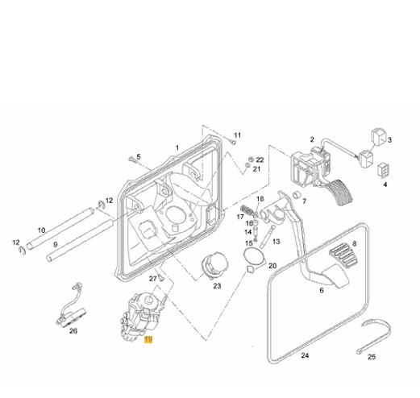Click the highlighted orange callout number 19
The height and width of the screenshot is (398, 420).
[x=148, y=339]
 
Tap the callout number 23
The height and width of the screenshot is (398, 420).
[x=217, y=286]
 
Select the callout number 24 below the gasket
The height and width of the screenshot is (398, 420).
[x=305, y=355]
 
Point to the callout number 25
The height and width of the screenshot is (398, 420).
[x=372, y=357]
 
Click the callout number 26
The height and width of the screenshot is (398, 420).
[x=73, y=331]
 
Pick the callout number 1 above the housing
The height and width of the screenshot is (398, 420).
[x=177, y=147]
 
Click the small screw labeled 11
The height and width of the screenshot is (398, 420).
[x=233, y=142]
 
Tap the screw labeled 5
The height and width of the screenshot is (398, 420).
[x=132, y=160]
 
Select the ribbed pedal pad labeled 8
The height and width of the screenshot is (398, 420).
[x=343, y=255]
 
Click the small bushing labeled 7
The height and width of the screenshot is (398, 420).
[x=296, y=194]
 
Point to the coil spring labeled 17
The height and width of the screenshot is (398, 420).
[x=247, y=209]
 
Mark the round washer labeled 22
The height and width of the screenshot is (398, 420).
[x=252, y=159]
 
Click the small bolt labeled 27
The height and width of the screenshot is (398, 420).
[x=161, y=277]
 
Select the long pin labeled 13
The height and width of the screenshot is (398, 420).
[x=268, y=237]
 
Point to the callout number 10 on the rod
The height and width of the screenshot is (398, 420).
[x=41, y=230]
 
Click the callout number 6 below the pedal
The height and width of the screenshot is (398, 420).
[x=322, y=290]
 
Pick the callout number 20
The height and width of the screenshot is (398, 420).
[x=272, y=266]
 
